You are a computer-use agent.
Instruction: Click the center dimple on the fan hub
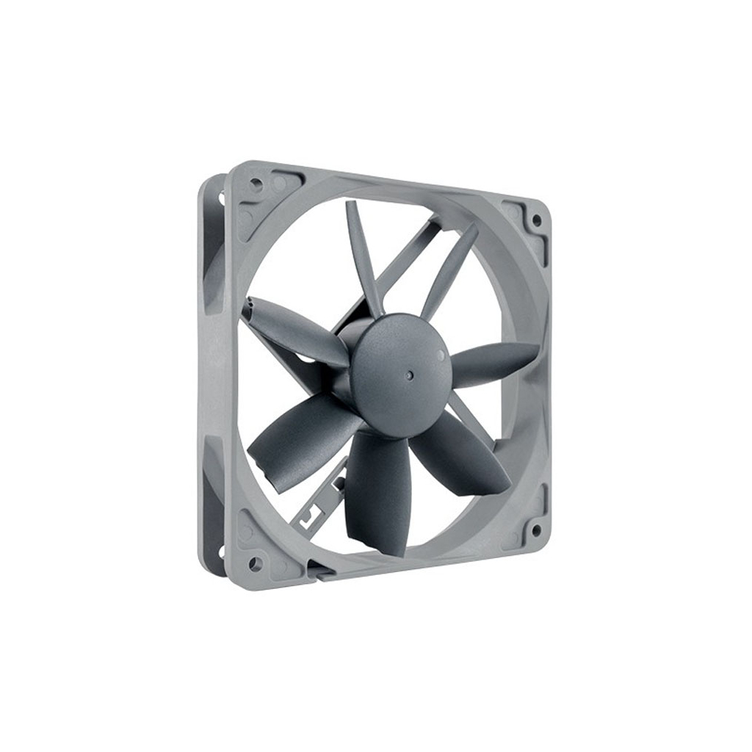409,374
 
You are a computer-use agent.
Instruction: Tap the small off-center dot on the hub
440,354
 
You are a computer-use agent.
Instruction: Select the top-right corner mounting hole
536,220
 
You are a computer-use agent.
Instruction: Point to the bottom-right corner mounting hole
536,529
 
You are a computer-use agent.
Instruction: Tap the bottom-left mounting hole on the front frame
255,563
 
